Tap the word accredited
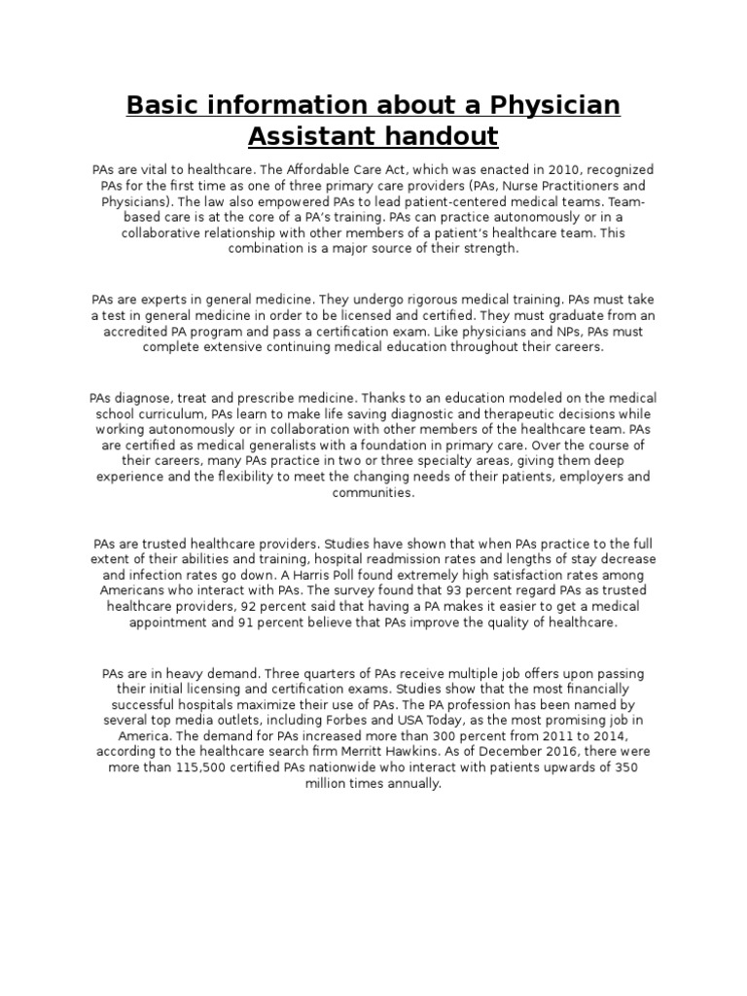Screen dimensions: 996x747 coord(150,332)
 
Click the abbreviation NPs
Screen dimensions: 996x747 coord(544,332)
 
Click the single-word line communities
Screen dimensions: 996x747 coord(373,492)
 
